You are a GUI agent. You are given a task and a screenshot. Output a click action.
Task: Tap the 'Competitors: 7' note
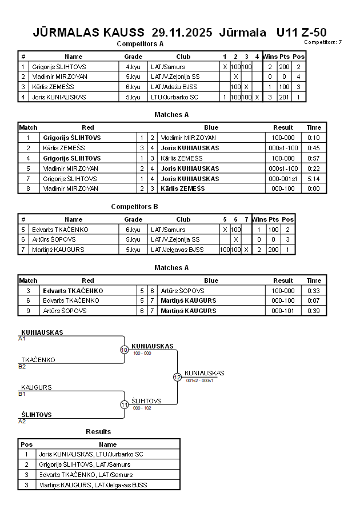tap(323, 42)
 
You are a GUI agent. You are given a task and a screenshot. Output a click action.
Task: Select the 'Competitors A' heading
tap(140, 44)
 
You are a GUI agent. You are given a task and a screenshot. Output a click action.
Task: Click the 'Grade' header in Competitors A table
tap(133, 57)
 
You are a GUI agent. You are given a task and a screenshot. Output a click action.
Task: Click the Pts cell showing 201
tap(285, 97)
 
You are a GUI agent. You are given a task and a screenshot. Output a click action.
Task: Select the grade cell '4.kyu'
tap(133, 67)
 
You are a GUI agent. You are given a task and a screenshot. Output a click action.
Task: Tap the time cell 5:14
tap(314, 179)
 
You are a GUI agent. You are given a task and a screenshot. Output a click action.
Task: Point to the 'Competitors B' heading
tap(135, 207)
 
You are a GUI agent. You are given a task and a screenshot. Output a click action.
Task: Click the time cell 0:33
tap(314, 291)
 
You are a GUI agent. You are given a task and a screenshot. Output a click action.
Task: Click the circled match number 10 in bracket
tap(124, 350)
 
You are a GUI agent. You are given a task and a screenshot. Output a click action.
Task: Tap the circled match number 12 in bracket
tap(177, 377)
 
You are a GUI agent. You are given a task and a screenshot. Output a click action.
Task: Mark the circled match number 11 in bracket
tap(124, 404)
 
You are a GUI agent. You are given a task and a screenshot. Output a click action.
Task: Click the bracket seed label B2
tap(22, 366)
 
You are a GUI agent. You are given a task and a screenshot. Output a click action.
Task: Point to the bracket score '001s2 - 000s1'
tap(199, 380)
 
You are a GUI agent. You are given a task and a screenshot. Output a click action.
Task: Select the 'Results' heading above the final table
tap(98, 431)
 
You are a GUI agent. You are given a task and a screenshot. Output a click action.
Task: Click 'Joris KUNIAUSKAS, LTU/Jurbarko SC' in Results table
tap(91, 454)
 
